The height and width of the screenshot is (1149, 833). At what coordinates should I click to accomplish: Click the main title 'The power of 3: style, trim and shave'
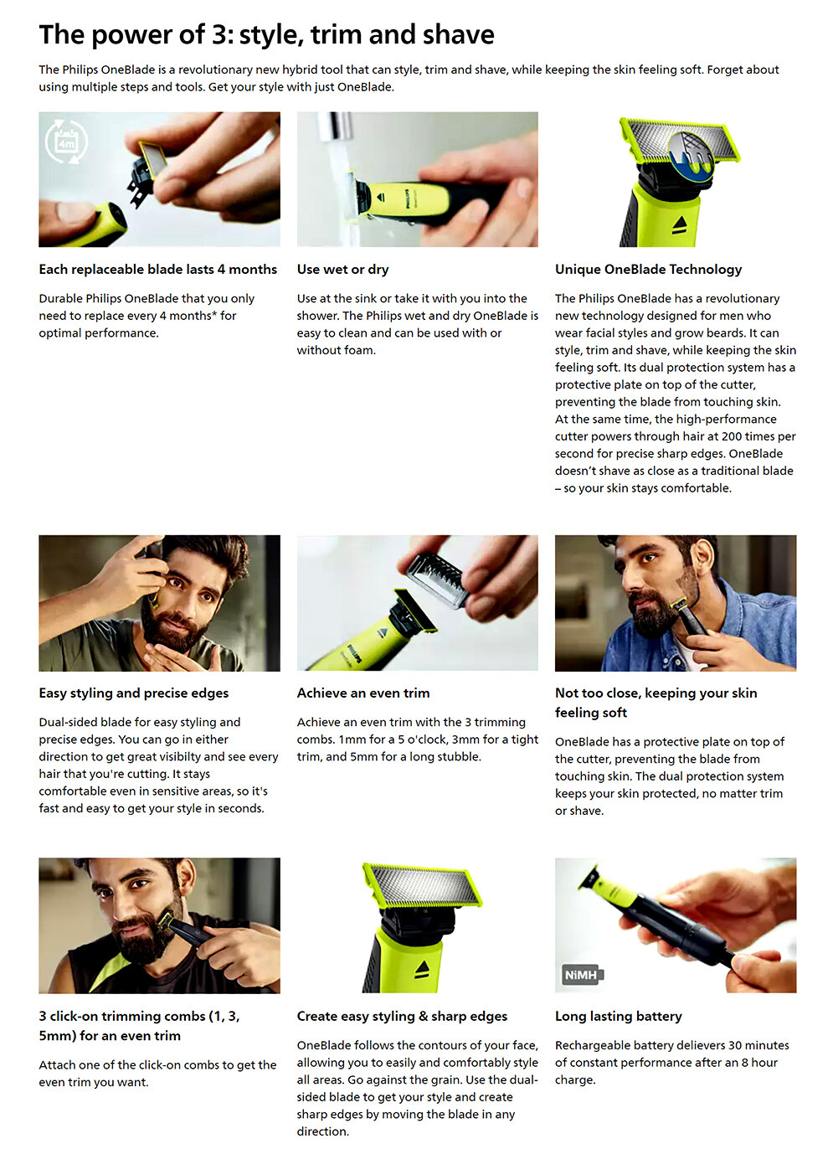coord(267,35)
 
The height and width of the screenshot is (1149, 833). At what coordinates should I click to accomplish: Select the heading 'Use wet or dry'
coord(342,270)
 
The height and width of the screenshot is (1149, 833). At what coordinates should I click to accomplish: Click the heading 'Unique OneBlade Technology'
coord(648,270)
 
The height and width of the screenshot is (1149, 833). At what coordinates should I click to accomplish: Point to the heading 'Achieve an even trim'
coord(363,693)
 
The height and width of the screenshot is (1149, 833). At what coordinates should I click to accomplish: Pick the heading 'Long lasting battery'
coord(619,1016)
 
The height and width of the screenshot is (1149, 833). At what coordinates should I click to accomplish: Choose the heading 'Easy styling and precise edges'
coord(134,693)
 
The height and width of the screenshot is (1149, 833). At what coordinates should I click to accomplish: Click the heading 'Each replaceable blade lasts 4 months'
coord(158,270)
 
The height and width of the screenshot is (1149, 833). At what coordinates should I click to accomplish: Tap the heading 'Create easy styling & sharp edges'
coord(402,1016)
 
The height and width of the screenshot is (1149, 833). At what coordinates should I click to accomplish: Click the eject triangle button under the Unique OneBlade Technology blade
coord(680,224)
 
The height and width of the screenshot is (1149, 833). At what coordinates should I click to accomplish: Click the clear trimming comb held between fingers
coord(436,580)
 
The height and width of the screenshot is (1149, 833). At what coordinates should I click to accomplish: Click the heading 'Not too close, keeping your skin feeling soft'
coord(656,703)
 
